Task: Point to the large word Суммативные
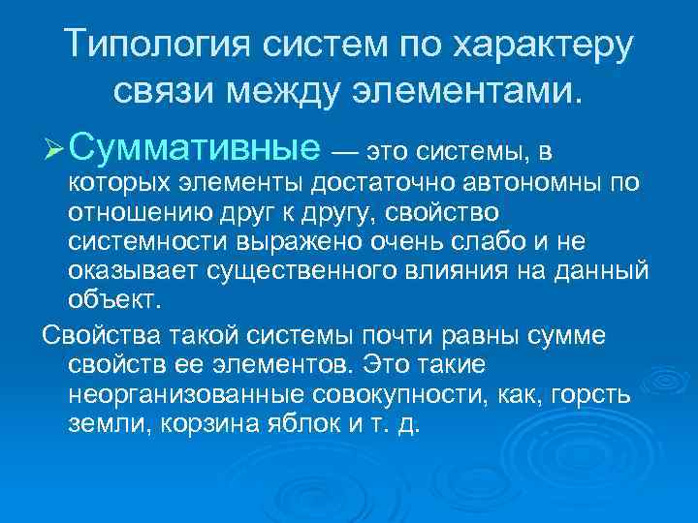click(x=195, y=147)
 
